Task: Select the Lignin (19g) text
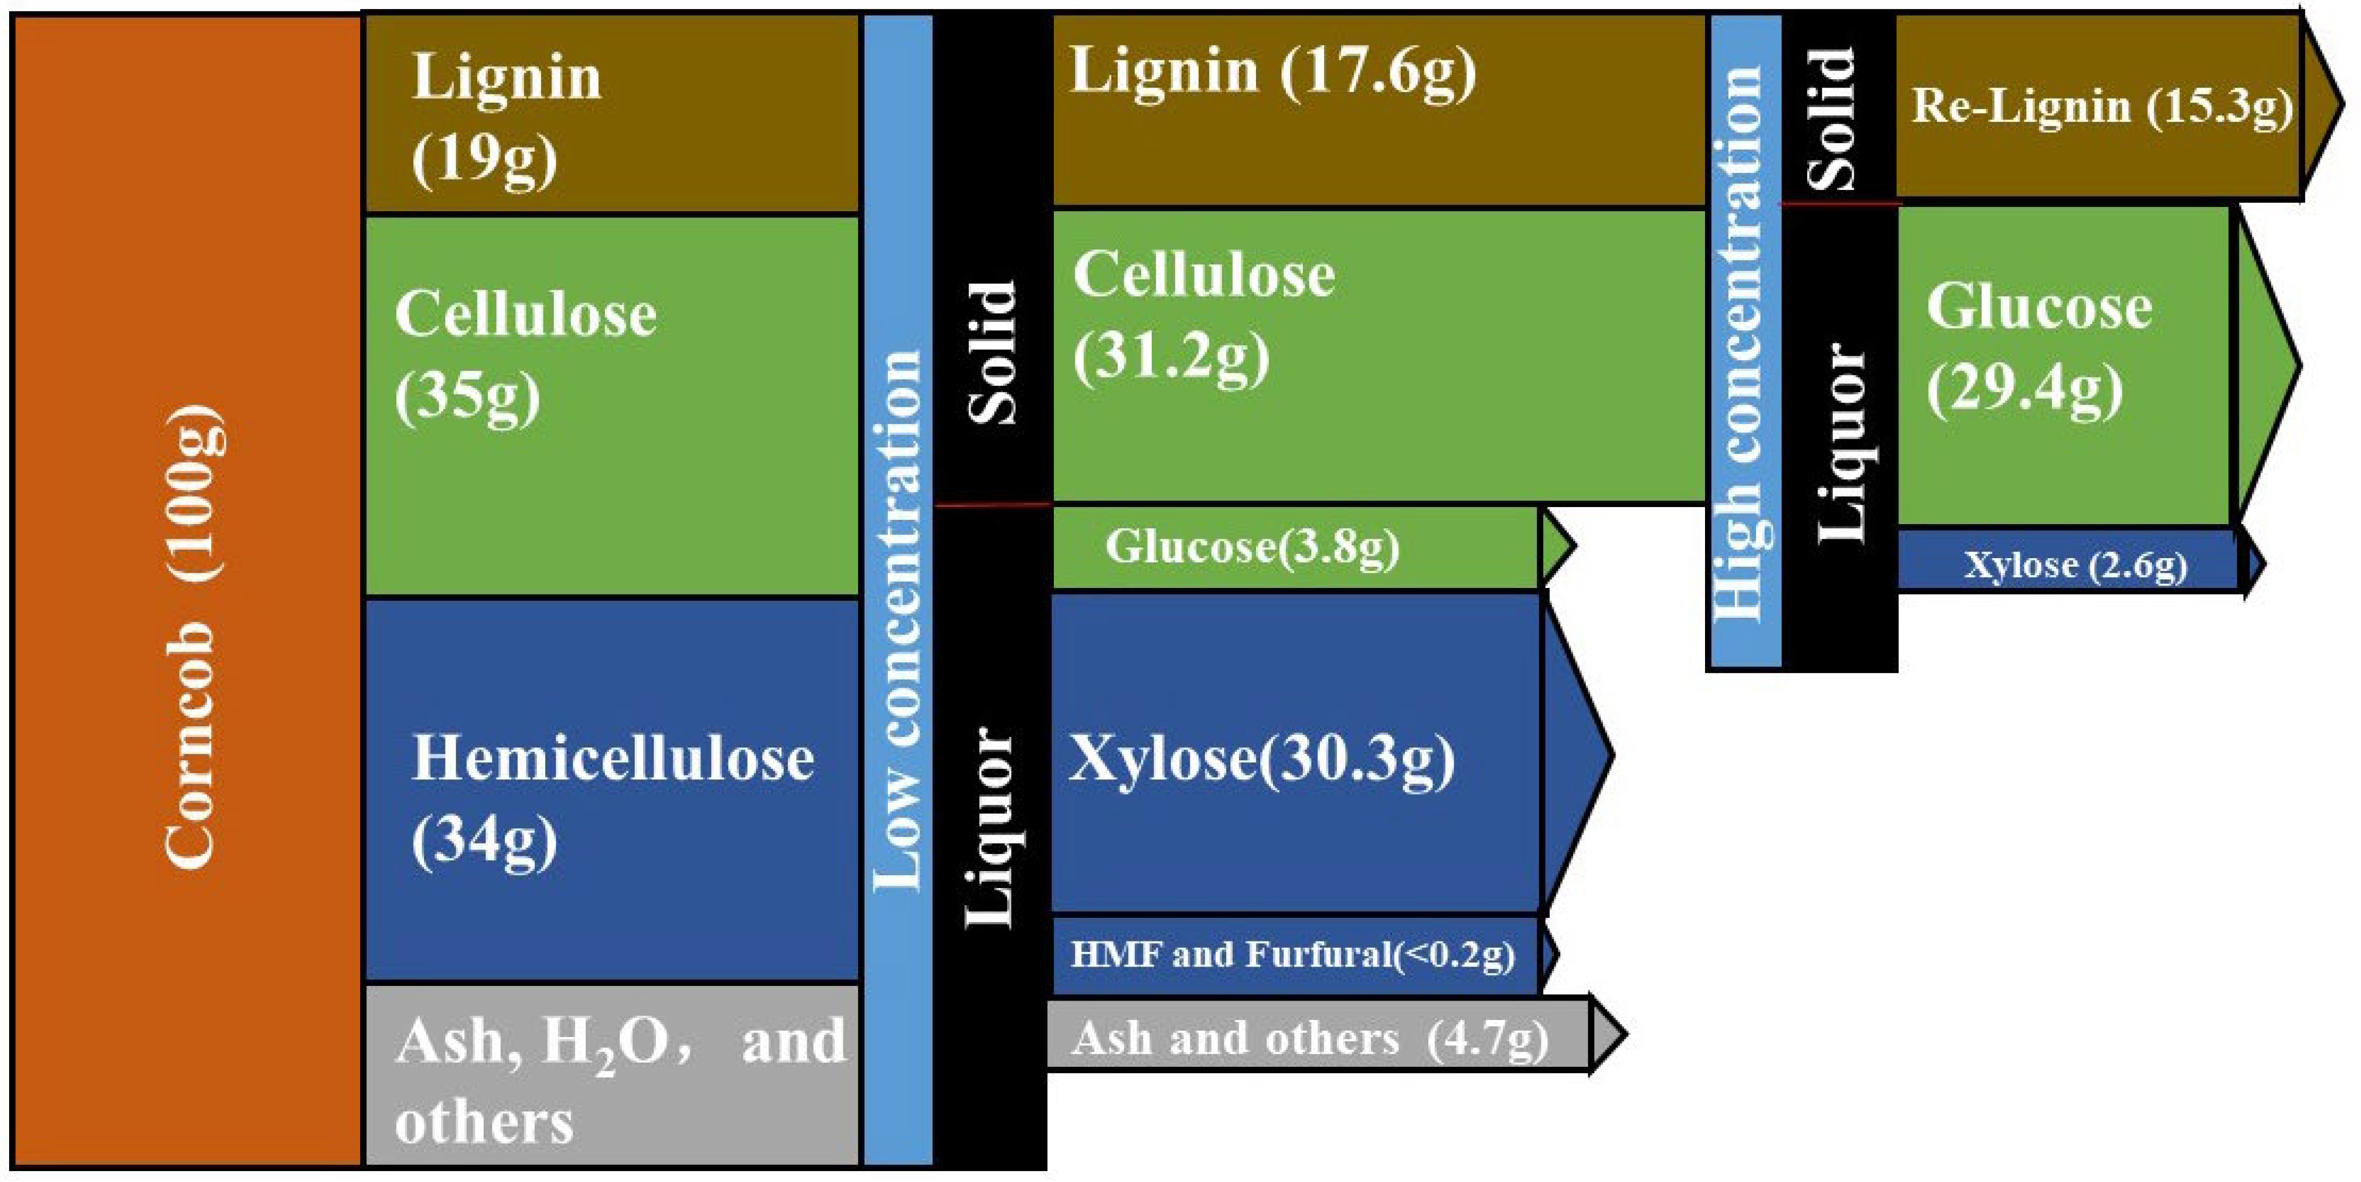pyautogui.click(x=505, y=117)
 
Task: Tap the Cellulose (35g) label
pyautogui.click(x=525, y=355)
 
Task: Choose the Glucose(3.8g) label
pyautogui.click(x=1252, y=547)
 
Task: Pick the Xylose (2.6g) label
pyautogui.click(x=2075, y=565)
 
